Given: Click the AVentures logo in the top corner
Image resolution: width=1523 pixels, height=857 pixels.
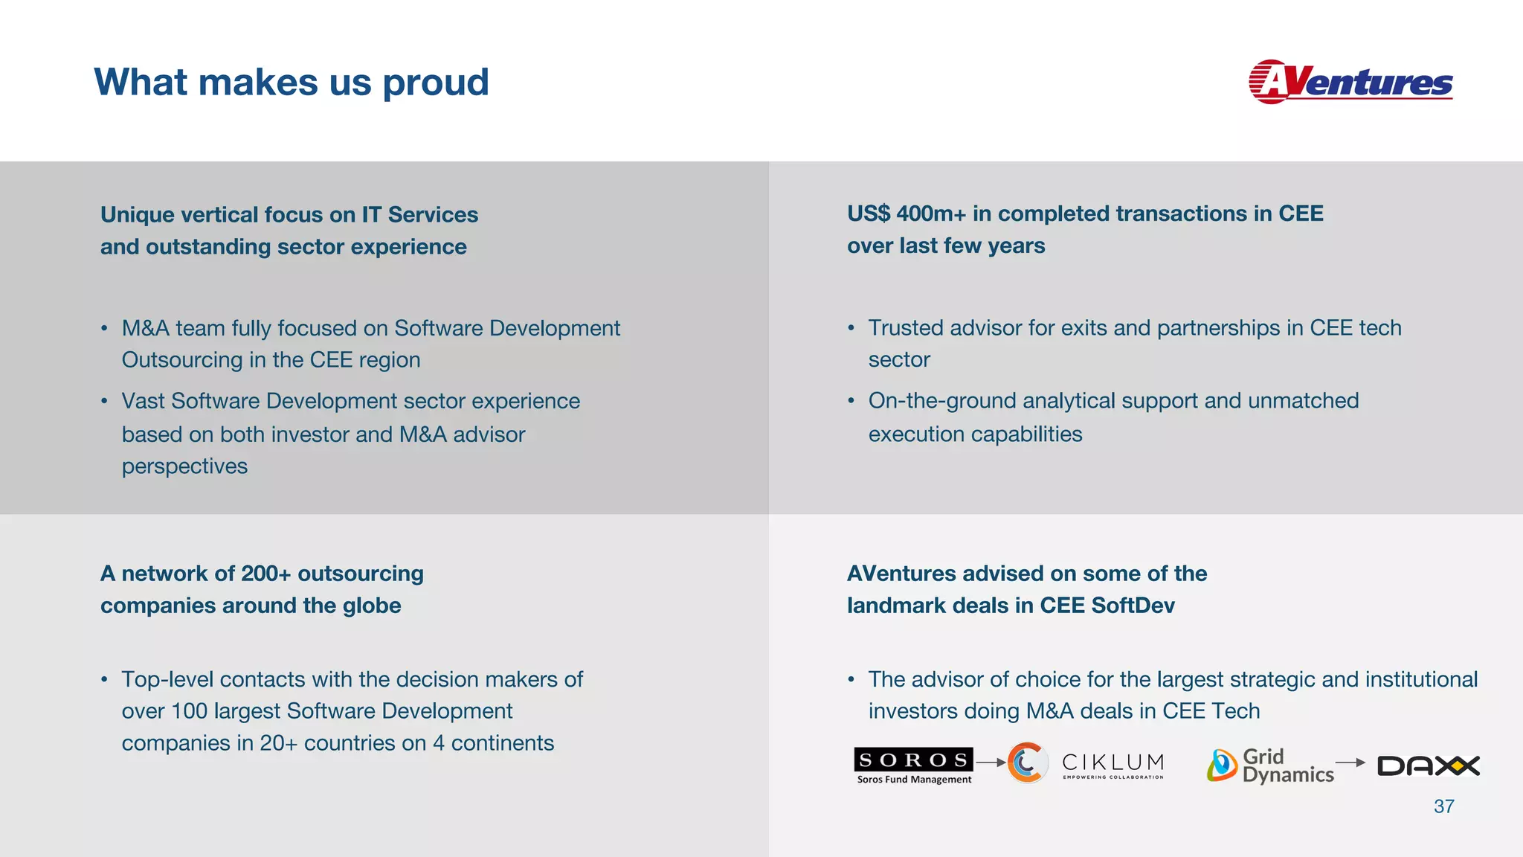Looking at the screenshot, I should point(1350,82).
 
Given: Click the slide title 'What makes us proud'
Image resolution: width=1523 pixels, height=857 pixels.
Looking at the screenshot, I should point(292,82).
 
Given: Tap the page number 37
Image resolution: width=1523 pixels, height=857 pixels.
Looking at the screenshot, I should point(1443,806).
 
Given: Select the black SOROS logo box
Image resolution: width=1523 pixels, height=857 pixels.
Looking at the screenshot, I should point(913,760).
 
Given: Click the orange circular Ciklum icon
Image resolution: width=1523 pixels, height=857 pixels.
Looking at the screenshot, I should point(1027,763).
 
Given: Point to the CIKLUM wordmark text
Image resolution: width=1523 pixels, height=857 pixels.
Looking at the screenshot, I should point(1113,763).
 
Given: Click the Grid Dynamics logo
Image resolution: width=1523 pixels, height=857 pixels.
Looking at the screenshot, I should point(1270,765).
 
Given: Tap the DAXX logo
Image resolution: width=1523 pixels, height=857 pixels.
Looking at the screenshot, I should point(1428,765).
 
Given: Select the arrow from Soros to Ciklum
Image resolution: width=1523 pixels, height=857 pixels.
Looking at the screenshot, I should point(991,763).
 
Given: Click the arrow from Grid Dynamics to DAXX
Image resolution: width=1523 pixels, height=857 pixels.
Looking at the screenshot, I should point(1350,763).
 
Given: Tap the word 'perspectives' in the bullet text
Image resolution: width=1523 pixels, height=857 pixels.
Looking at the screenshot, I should point(184,466).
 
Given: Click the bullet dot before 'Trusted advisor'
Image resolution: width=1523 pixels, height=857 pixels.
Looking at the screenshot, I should point(851,328).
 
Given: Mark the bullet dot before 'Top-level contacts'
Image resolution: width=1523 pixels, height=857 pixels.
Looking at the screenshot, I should point(105,679).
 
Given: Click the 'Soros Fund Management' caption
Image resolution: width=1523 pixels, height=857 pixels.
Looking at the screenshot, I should point(914,780).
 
